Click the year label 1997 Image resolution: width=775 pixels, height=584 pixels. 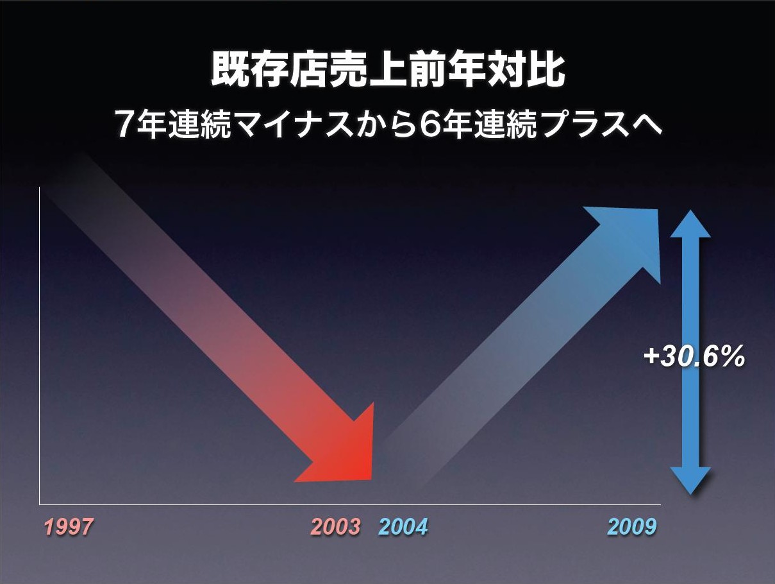click(x=69, y=526)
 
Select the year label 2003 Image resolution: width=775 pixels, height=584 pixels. click(x=336, y=526)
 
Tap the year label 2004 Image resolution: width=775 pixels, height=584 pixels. click(x=403, y=526)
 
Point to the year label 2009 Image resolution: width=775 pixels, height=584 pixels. click(x=632, y=526)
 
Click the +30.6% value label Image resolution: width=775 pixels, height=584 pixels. click(x=694, y=357)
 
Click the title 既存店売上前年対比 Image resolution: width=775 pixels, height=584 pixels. click(x=388, y=70)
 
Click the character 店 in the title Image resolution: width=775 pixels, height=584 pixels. click(x=309, y=70)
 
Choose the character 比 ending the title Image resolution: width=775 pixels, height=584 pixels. click(x=546, y=70)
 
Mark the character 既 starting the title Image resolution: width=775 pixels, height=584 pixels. click(x=230, y=70)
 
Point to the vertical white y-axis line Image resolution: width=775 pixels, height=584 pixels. click(x=40, y=346)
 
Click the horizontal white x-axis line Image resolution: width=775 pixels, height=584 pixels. click(x=350, y=504)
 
